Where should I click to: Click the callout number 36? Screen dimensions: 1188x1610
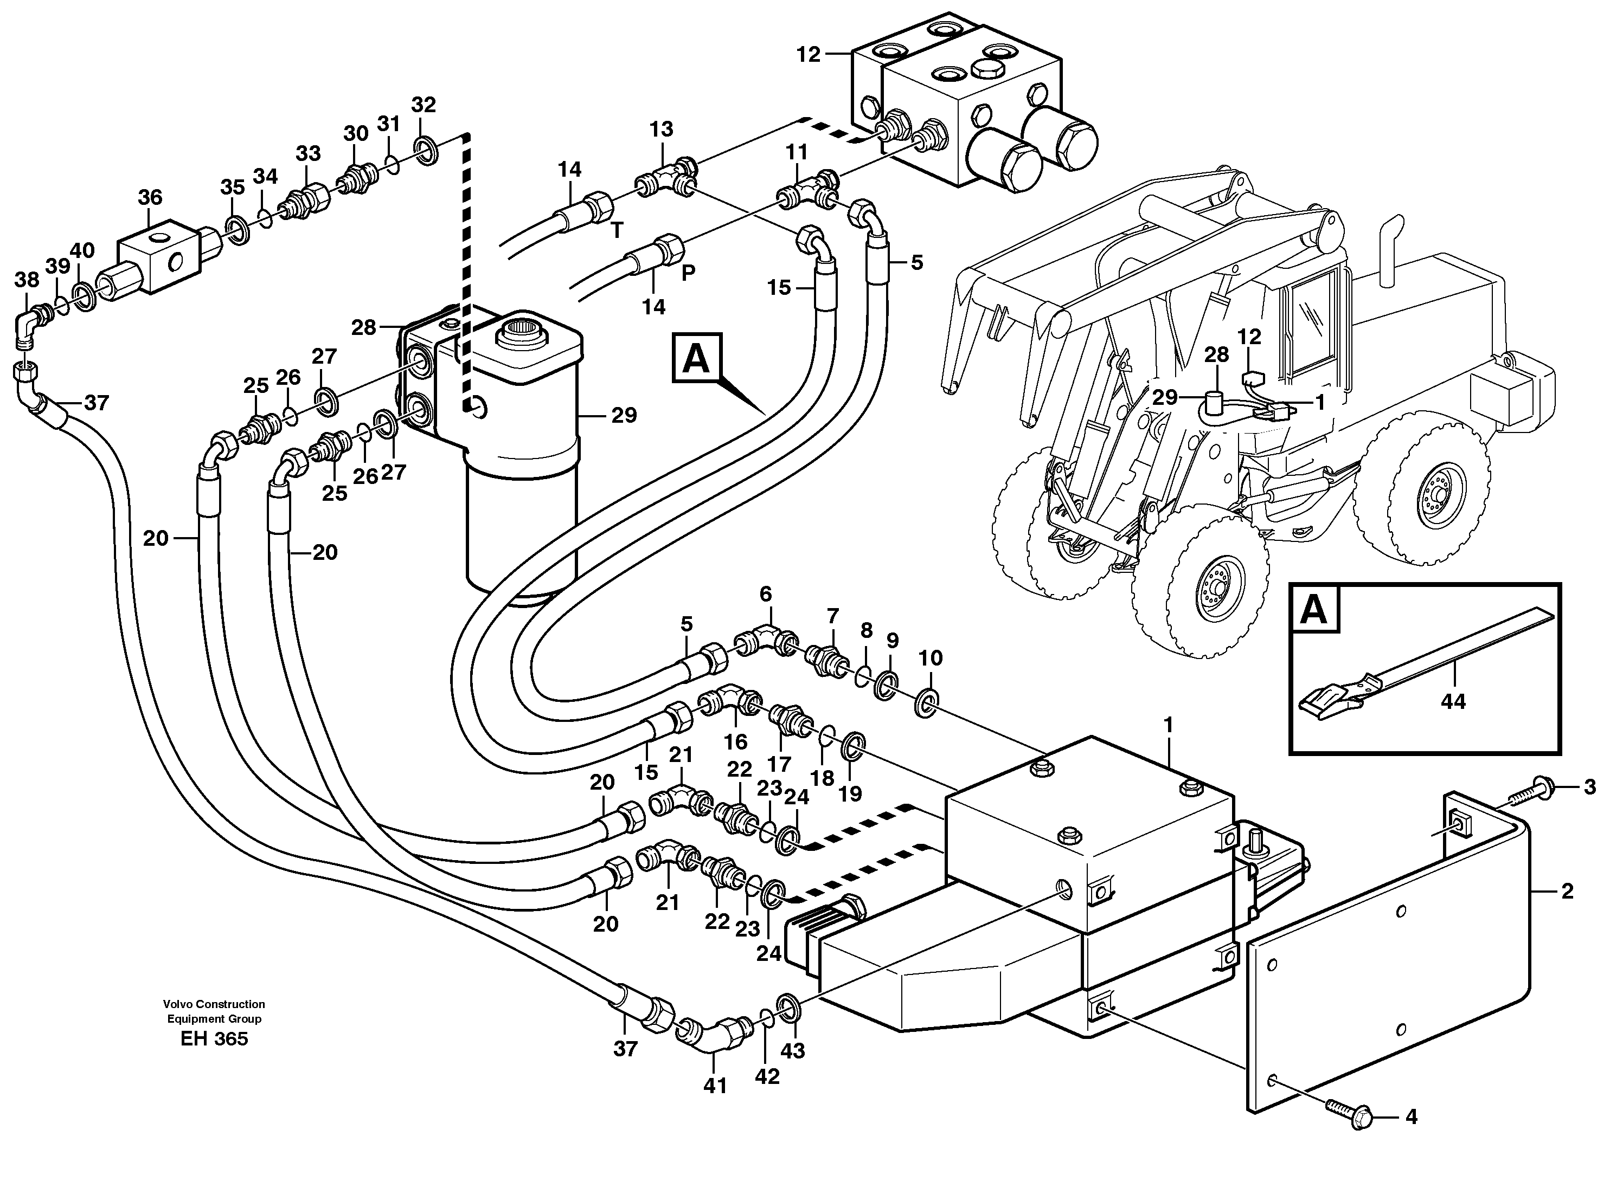point(150,197)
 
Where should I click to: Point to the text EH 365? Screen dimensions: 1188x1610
point(214,1039)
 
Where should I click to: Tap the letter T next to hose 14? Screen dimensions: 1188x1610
point(617,230)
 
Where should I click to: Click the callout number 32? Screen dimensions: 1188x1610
point(423,105)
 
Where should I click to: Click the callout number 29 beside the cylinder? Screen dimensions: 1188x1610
point(624,415)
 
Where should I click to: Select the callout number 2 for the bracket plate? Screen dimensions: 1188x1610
point(1567,892)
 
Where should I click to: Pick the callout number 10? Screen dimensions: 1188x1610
point(930,658)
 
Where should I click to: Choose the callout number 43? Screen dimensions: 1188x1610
point(793,1051)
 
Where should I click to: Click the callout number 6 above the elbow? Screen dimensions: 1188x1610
point(766,594)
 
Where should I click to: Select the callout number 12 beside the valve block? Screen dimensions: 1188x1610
point(809,55)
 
